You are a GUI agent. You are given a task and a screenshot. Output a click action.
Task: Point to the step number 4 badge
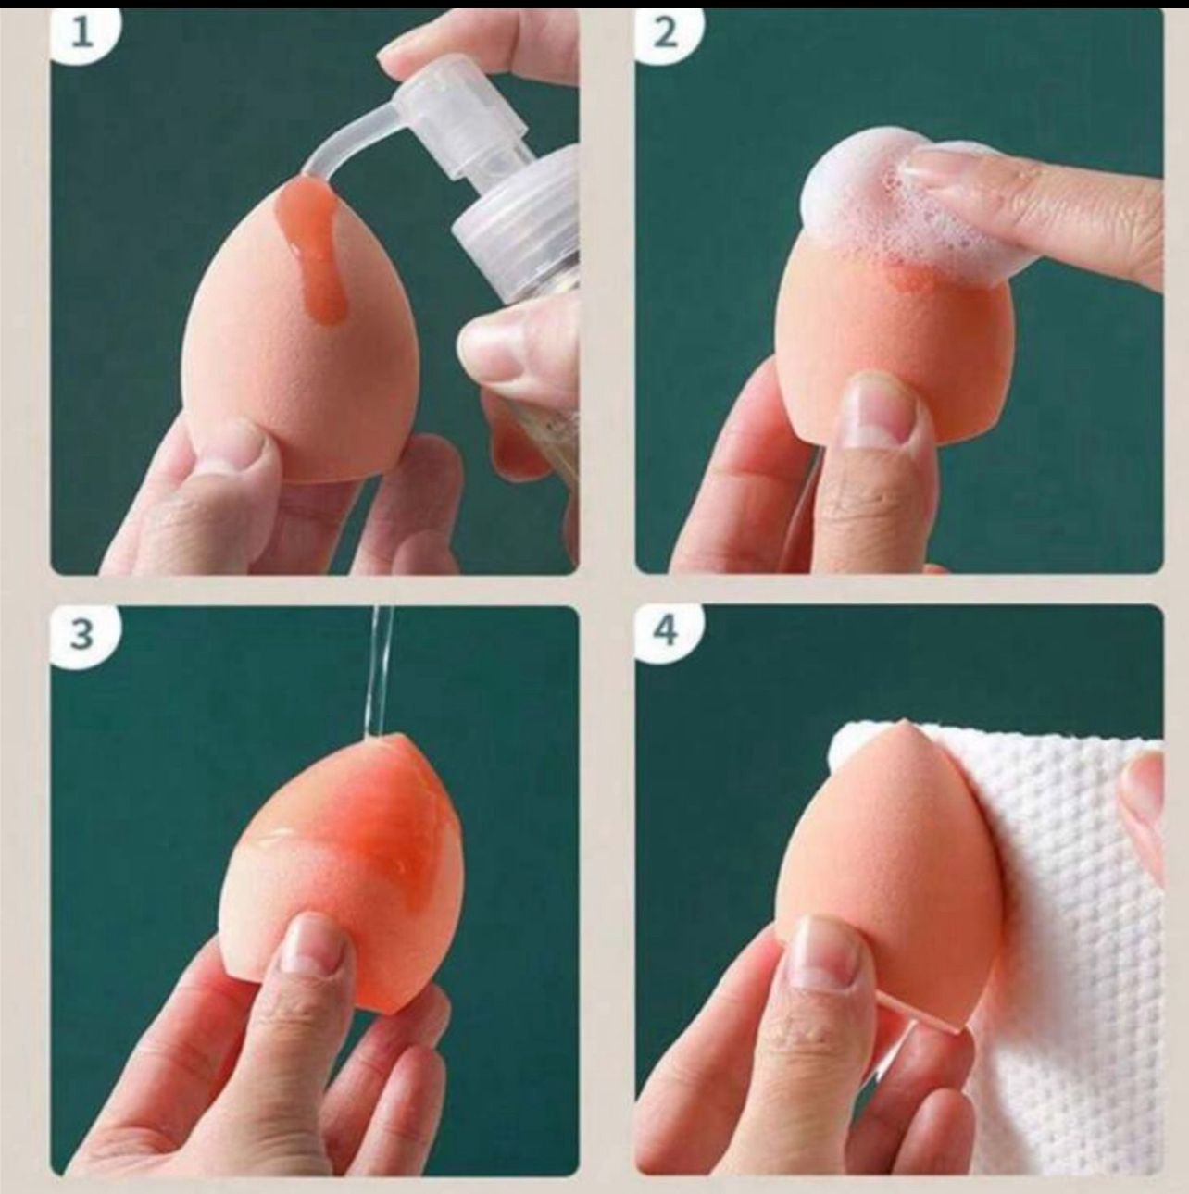coord(667,635)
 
